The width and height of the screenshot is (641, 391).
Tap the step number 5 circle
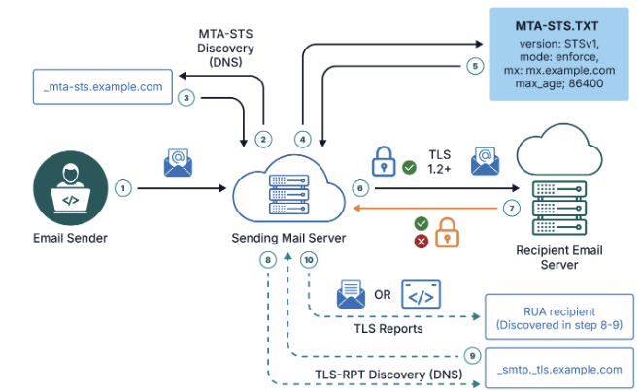pyautogui.click(x=473, y=67)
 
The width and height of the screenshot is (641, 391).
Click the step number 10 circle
pyautogui.click(x=309, y=260)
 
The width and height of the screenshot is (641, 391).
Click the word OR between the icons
pyautogui.click(x=382, y=294)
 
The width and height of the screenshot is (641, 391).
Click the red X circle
pyautogui.click(x=421, y=241)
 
